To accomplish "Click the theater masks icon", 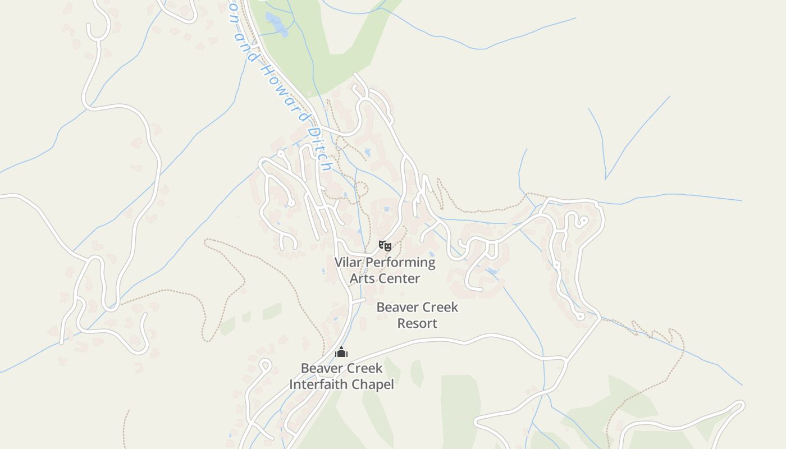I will (385, 245).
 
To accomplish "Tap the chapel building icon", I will (341, 352).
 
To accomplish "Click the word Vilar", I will (348, 262).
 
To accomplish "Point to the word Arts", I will (362, 278).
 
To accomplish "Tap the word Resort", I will (417, 323).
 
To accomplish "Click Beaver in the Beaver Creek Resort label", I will (396, 307).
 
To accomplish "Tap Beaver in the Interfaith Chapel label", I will (320, 368).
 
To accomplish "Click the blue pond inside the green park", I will (275, 24).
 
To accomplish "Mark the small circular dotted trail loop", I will (361, 189).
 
